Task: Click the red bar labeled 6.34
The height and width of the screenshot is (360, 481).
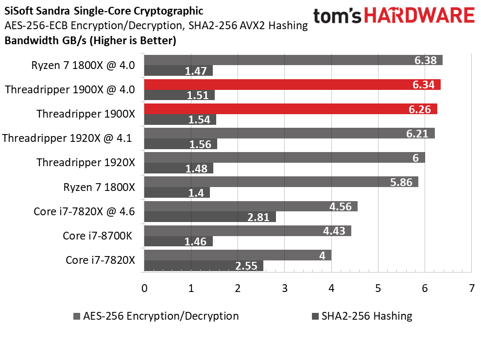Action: click(x=292, y=85)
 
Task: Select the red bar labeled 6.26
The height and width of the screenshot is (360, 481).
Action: click(x=291, y=109)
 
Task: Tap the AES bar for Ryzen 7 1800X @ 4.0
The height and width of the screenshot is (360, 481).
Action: click(x=293, y=60)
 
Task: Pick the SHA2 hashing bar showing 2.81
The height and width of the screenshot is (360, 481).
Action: click(x=210, y=217)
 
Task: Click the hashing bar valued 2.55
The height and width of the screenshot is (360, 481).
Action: click(x=204, y=266)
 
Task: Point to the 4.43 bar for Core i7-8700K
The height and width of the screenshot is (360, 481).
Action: click(x=248, y=231)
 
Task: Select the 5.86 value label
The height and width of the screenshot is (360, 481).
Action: click(x=401, y=182)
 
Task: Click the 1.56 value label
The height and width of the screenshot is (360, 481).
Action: click(x=200, y=144)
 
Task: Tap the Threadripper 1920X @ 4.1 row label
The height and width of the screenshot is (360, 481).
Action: click(x=67, y=138)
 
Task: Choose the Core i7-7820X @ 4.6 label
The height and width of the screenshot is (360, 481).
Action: click(x=84, y=211)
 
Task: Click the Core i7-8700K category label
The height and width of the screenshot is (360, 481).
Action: click(x=98, y=236)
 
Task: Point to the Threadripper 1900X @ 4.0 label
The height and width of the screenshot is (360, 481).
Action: click(x=70, y=89)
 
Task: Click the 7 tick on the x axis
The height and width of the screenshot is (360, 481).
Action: click(x=471, y=288)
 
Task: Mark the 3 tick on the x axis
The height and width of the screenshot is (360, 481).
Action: click(x=284, y=288)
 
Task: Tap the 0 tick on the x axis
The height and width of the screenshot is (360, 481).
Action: click(x=144, y=288)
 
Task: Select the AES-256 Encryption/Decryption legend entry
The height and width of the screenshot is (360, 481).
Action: click(x=156, y=316)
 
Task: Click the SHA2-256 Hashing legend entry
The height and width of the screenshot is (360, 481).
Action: click(x=362, y=316)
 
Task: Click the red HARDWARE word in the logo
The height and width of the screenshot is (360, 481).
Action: click(x=419, y=16)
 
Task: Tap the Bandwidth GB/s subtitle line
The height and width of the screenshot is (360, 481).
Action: click(x=90, y=40)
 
